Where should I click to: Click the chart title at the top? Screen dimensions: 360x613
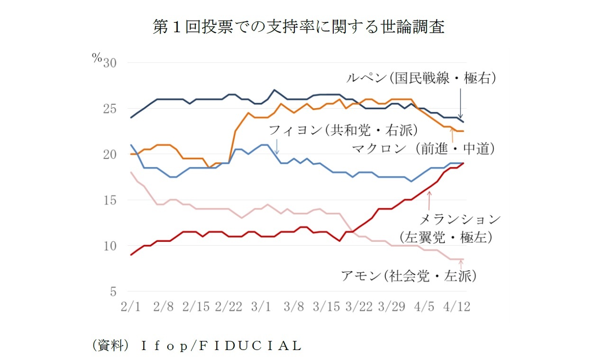[x=298, y=27]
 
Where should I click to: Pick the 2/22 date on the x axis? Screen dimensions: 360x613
[x=229, y=307]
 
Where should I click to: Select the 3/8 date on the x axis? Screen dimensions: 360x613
[x=294, y=307]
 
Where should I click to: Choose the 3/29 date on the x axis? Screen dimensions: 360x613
[x=392, y=307]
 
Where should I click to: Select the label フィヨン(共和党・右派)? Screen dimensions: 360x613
[x=343, y=129]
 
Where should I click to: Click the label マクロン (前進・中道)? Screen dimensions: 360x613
[x=423, y=149]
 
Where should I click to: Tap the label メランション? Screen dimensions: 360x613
[x=460, y=219]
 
